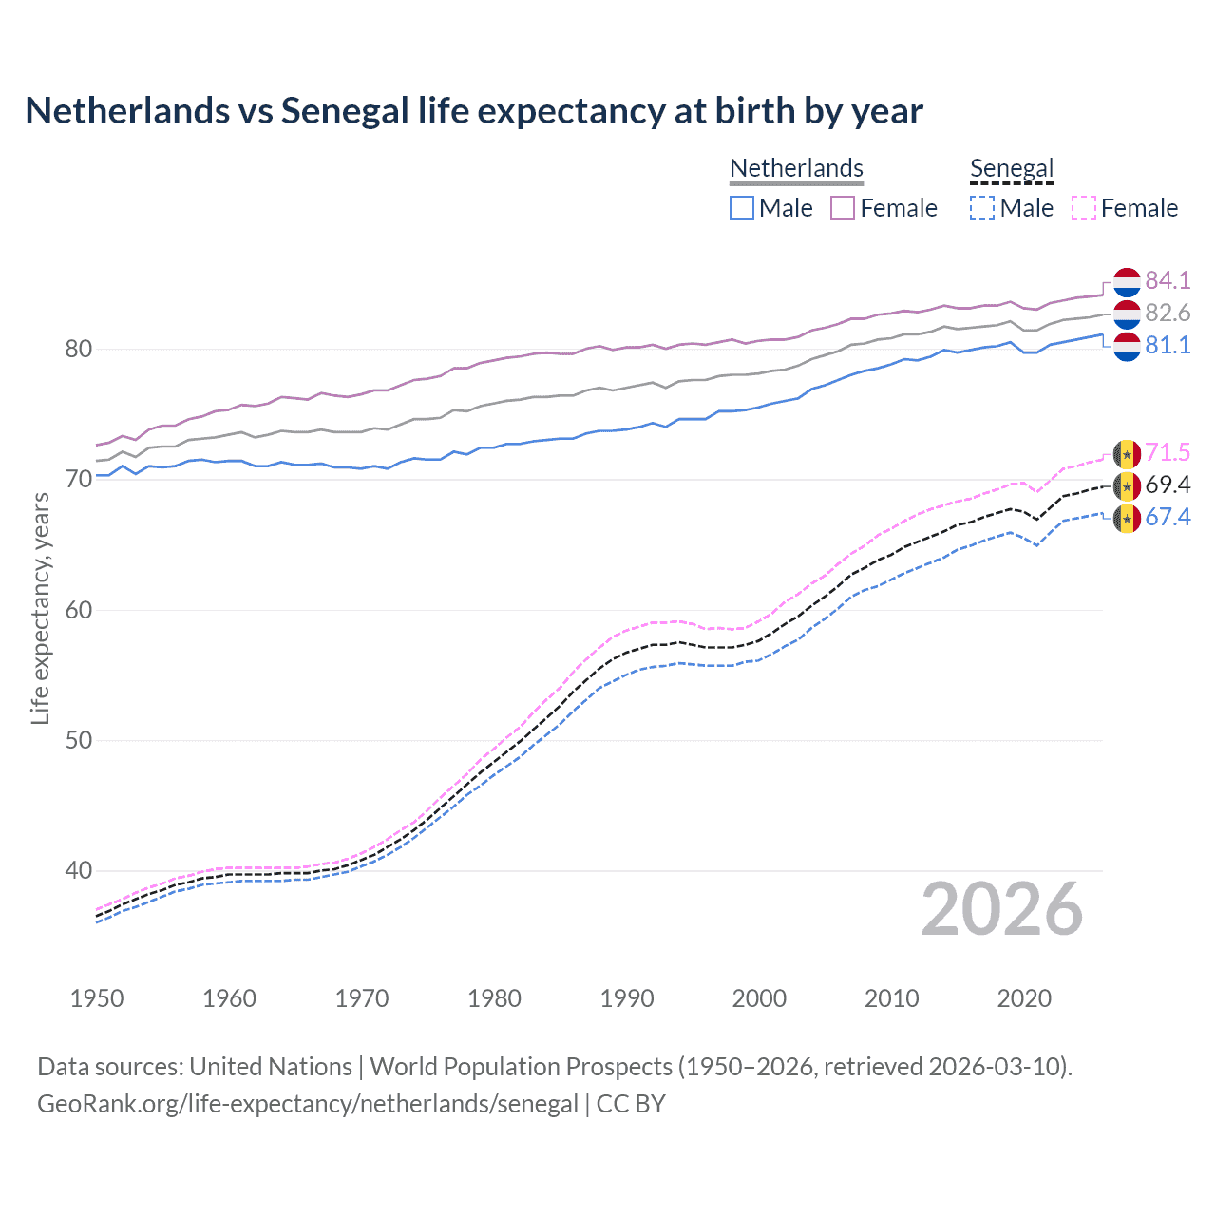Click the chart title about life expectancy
coord(473,111)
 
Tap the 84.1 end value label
coord(1168,280)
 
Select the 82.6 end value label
coord(1168,313)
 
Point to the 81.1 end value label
coord(1168,345)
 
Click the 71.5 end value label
coord(1168,452)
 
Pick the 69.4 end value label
coord(1168,484)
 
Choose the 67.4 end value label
coord(1168,517)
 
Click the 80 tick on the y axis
coord(78,349)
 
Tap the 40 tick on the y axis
coord(78,870)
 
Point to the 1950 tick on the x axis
coord(97,998)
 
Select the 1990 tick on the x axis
coord(627,998)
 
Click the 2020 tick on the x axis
coord(1024,998)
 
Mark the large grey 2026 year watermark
coord(1002,909)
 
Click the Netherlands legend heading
coord(796,168)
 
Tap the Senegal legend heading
coord(1012,168)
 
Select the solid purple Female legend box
coord(843,208)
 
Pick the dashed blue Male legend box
coord(982,208)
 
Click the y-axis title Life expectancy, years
coord(40,608)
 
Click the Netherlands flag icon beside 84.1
coord(1126,282)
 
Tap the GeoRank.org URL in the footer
coord(307,1104)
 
